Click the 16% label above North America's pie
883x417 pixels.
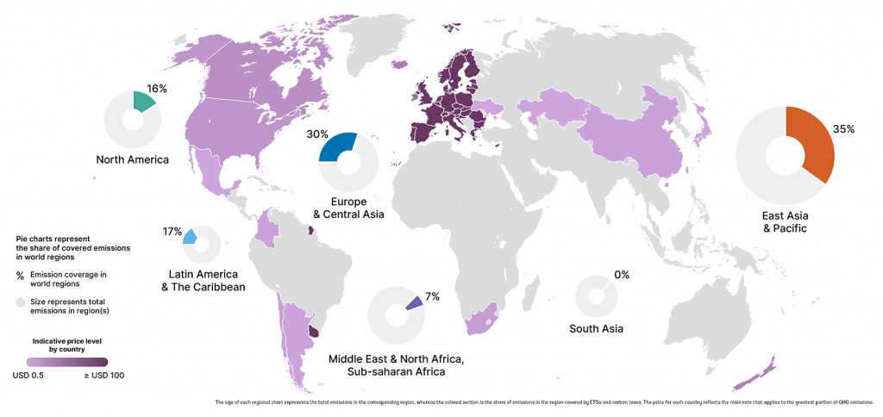[156, 89]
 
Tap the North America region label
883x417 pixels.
[133, 159]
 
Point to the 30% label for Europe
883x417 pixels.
[317, 134]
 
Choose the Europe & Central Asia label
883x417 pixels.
[349, 208]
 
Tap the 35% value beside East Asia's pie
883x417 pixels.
[843, 128]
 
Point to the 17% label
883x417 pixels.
[172, 232]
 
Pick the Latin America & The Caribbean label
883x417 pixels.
[204, 280]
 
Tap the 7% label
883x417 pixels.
[432, 296]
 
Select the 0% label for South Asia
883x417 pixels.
[621, 275]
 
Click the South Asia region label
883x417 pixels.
[596, 328]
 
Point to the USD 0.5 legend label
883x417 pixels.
[28, 375]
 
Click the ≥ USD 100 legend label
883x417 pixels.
[104, 375]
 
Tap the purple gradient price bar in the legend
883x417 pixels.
[66, 362]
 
